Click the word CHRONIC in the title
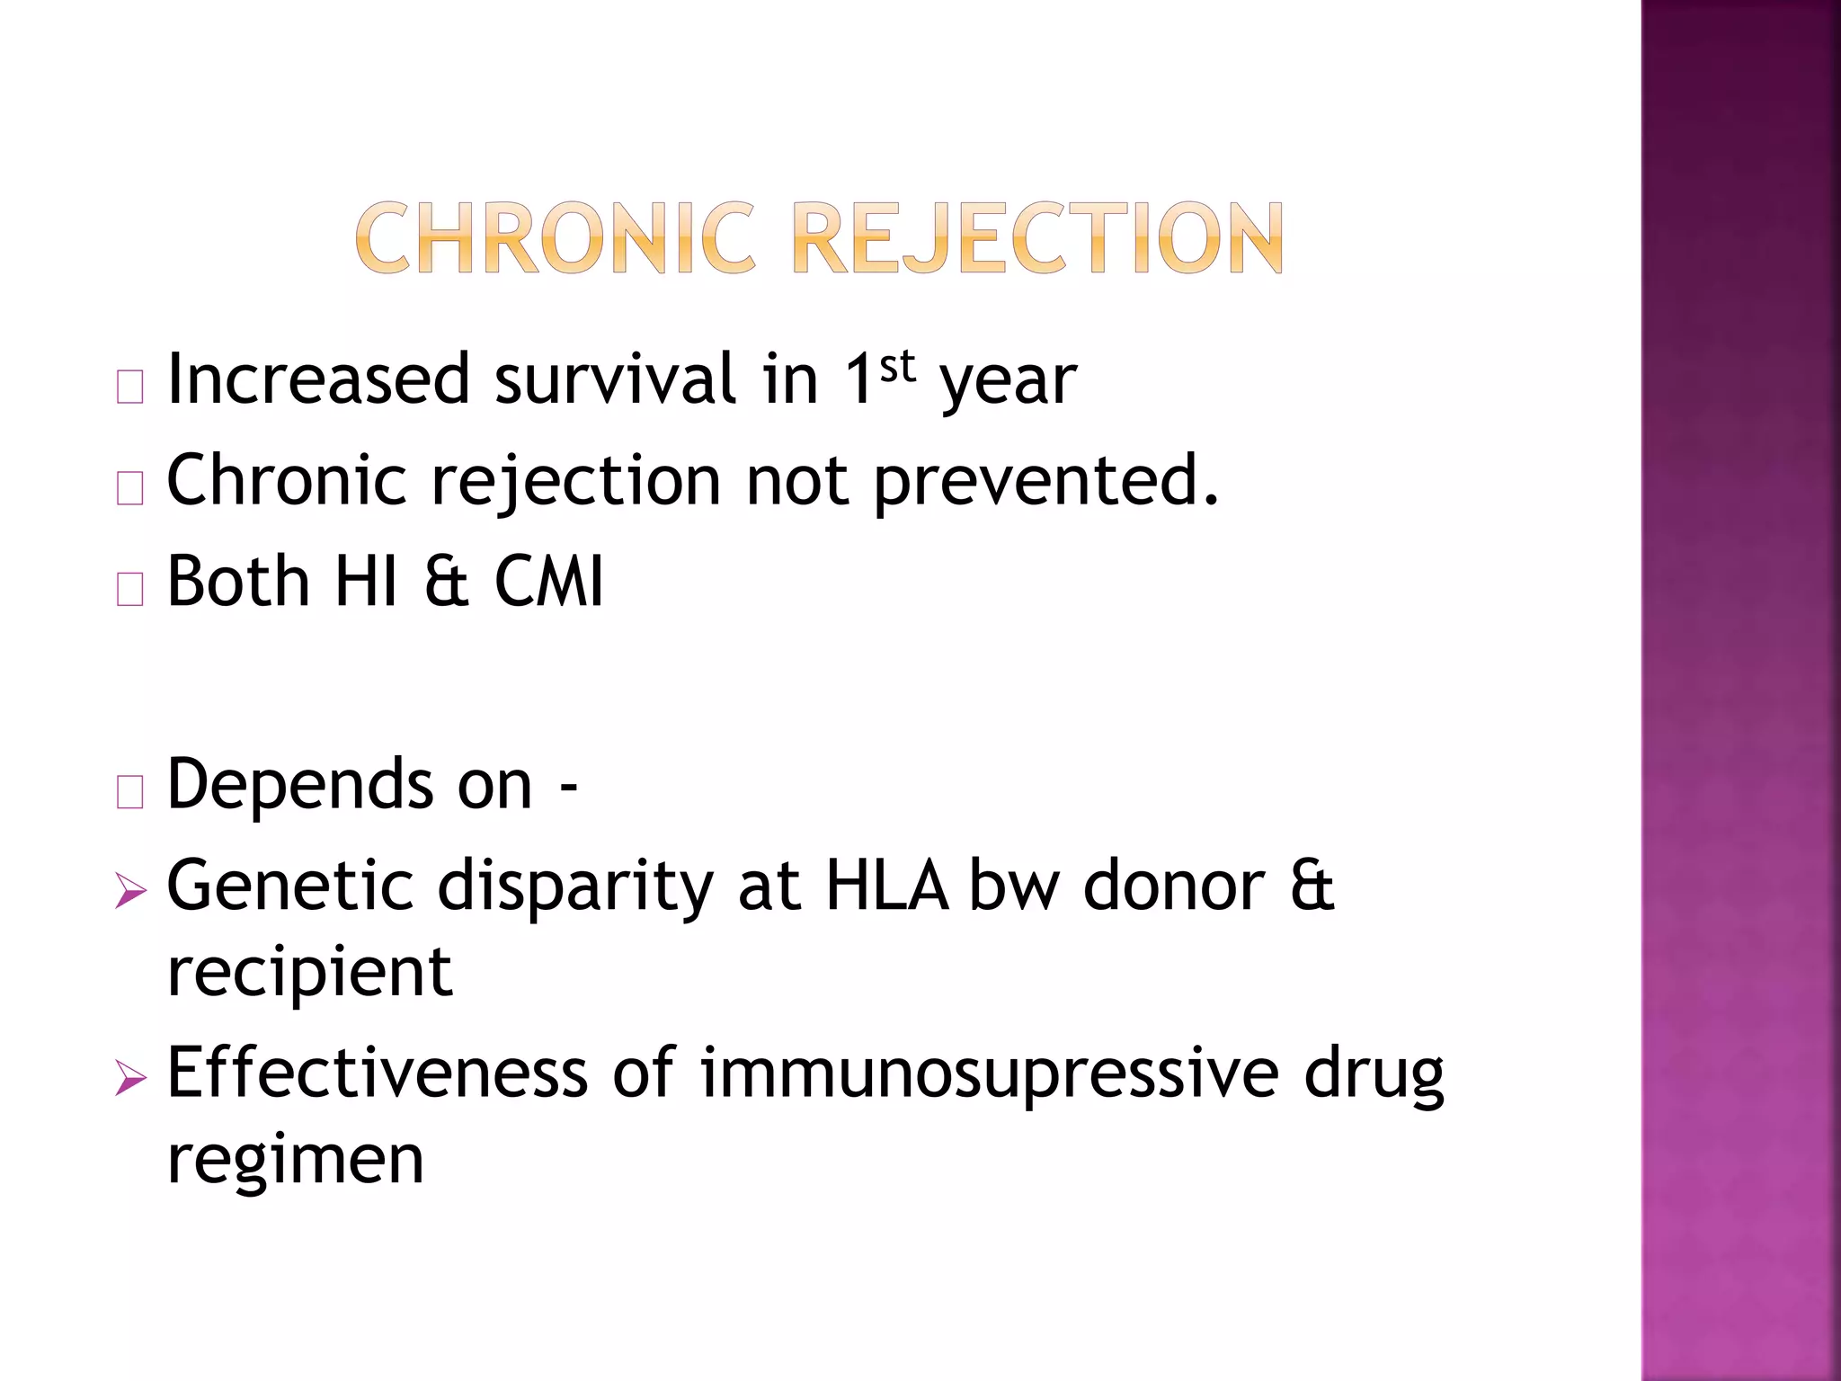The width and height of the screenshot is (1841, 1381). [555, 238]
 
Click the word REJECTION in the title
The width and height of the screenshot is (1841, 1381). [1038, 238]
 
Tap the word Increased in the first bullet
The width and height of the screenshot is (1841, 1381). [318, 379]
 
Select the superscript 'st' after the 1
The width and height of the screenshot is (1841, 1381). [897, 367]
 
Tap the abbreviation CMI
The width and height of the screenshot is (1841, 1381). [549, 582]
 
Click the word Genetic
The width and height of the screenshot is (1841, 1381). [289, 887]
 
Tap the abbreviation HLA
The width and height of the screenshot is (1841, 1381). [886, 887]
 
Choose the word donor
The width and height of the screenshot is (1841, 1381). [1174, 887]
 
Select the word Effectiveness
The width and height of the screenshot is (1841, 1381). [377, 1073]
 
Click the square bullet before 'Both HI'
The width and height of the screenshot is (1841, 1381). [130, 589]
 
